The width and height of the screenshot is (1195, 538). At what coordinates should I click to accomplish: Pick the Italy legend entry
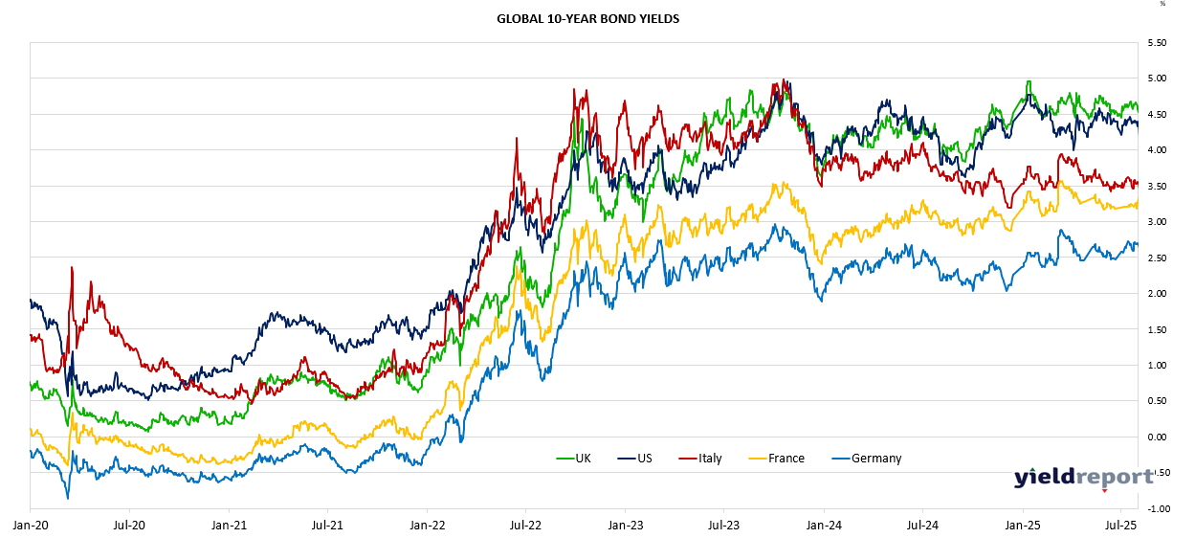point(709,459)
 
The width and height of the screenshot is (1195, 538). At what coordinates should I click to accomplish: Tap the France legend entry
point(786,459)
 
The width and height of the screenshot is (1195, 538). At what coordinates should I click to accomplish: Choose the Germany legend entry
point(875,459)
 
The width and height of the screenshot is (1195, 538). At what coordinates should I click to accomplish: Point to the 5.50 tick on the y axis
point(1156,43)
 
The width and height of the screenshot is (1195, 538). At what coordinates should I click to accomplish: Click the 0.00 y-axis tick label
point(1156,437)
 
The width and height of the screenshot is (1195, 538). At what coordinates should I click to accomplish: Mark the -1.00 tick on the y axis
point(1155,509)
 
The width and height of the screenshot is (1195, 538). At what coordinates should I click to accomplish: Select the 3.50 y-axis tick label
point(1156,187)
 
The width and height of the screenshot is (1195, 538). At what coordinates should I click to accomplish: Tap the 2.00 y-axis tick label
point(1156,294)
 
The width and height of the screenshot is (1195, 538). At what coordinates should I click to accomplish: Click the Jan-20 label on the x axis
point(30,525)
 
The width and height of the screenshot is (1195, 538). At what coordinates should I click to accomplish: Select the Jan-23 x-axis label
point(625,525)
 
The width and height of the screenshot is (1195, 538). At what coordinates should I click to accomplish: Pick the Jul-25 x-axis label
point(1121,525)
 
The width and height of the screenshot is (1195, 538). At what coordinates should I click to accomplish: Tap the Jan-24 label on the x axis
point(824,525)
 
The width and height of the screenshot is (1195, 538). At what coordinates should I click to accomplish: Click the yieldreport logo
point(1083,477)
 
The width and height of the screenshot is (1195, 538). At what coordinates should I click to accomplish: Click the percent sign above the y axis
point(1162,4)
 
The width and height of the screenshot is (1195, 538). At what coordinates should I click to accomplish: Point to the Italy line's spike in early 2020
point(72,268)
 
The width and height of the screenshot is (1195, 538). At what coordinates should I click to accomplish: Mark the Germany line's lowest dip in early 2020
point(67,498)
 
